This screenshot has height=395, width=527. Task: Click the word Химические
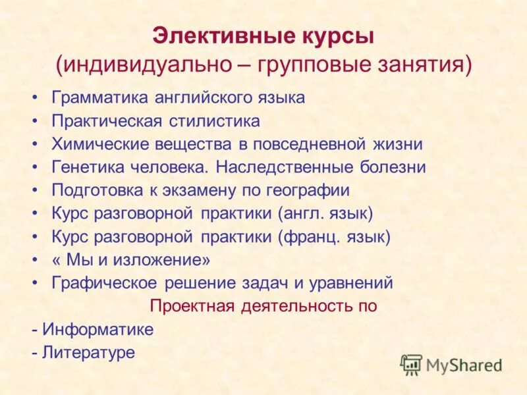[97, 144]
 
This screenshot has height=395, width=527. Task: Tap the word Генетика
[85, 167]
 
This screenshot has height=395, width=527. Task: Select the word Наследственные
[285, 167]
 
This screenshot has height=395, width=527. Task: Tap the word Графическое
[104, 283]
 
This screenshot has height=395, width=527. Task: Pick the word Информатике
[97, 329]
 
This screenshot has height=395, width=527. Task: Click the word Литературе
[88, 352]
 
